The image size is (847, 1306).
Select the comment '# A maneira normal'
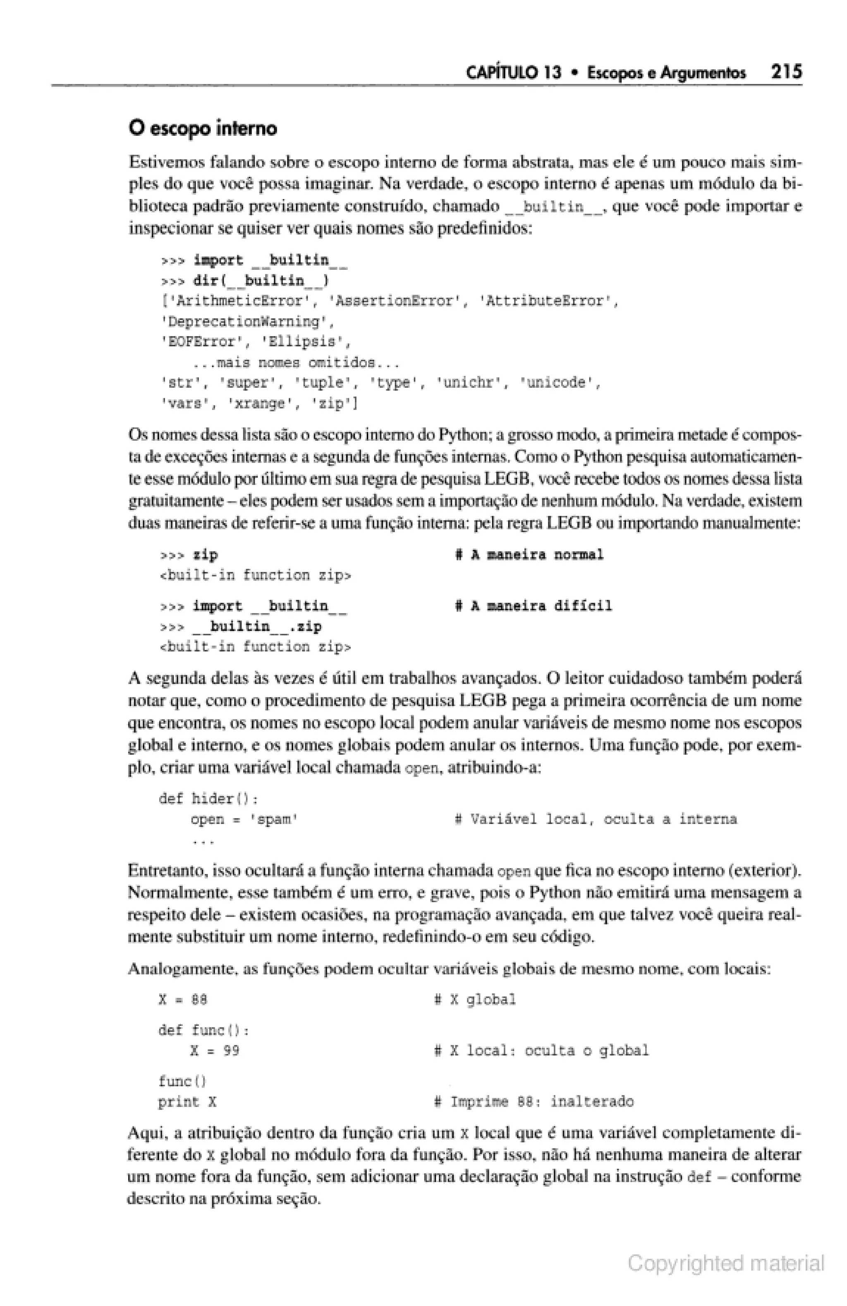[x=529, y=555]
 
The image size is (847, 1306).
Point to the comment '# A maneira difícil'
[x=533, y=606]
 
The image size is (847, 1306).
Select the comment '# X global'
[x=475, y=1000]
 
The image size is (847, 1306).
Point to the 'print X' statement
[x=187, y=1102]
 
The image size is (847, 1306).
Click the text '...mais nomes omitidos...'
[x=295, y=363]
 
